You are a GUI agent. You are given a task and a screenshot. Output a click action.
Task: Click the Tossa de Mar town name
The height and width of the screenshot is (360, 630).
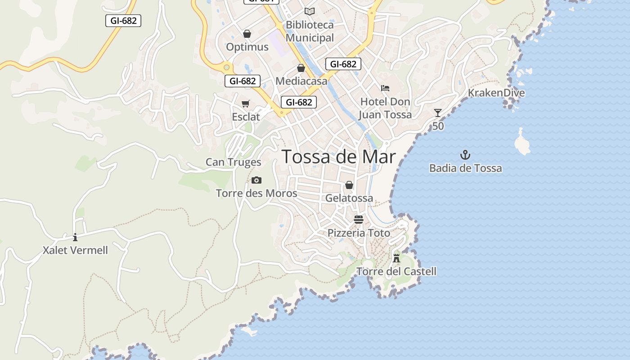tap(338, 157)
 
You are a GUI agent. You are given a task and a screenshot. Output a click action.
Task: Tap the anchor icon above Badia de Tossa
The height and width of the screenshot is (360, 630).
tap(465, 155)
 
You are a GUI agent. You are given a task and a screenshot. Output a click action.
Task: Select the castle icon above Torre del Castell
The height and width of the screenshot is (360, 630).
tap(396, 258)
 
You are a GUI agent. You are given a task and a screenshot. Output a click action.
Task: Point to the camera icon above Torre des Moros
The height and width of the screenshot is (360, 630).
tap(256, 180)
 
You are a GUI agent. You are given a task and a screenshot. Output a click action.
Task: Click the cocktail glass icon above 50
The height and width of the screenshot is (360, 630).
tap(438, 113)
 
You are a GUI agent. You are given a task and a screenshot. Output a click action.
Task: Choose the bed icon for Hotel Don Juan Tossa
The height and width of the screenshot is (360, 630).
tap(385, 88)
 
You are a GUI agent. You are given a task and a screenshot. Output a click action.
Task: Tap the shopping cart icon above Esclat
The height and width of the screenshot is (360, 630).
tap(245, 104)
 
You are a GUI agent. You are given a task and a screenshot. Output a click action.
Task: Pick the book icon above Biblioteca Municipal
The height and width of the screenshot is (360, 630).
tap(309, 11)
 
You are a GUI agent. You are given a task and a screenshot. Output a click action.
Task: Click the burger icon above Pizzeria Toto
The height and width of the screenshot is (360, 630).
tap(359, 220)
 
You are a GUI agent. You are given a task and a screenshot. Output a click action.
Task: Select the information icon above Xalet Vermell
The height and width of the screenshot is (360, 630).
tap(75, 237)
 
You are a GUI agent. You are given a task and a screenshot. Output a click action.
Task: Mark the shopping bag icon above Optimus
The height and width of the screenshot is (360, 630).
tap(247, 34)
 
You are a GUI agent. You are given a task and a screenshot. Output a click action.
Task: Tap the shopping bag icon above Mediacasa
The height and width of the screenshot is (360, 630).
tap(301, 68)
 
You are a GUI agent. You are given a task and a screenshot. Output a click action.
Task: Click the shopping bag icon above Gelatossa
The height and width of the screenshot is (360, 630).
tap(349, 185)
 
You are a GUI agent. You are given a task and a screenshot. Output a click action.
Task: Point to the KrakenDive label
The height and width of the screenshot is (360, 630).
tap(496, 93)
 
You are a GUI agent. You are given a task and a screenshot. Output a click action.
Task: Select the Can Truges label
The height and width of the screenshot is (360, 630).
tap(233, 162)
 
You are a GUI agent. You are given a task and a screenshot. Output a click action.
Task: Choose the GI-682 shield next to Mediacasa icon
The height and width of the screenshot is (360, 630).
tap(343, 64)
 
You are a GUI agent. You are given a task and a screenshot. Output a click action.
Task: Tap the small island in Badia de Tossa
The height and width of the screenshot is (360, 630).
tap(522, 143)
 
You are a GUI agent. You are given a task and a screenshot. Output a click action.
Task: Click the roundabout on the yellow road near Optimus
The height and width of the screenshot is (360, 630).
tap(226, 67)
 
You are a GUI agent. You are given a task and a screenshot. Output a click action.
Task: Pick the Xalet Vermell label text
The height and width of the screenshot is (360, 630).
tap(75, 250)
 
